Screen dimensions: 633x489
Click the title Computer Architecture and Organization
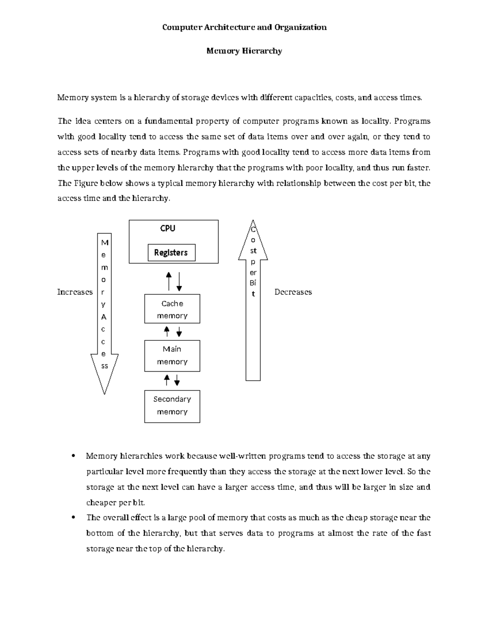(x=244, y=27)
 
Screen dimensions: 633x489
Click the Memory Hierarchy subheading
(x=244, y=51)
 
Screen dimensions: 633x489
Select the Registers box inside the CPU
(x=171, y=253)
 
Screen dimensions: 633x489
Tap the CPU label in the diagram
(x=167, y=229)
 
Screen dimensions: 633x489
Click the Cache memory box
(x=172, y=309)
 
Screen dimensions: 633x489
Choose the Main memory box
(x=172, y=355)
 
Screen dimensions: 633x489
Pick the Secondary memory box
(x=172, y=406)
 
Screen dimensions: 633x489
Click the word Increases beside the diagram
(x=75, y=292)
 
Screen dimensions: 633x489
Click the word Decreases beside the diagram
(x=293, y=292)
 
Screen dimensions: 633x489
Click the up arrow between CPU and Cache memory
(x=169, y=281)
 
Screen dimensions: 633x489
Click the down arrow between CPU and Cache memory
(x=179, y=281)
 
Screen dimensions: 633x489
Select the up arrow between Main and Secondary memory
(x=167, y=380)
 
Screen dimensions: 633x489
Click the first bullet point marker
(x=73, y=456)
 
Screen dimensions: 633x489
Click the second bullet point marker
(x=73, y=518)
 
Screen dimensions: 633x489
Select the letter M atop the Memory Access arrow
(x=105, y=243)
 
